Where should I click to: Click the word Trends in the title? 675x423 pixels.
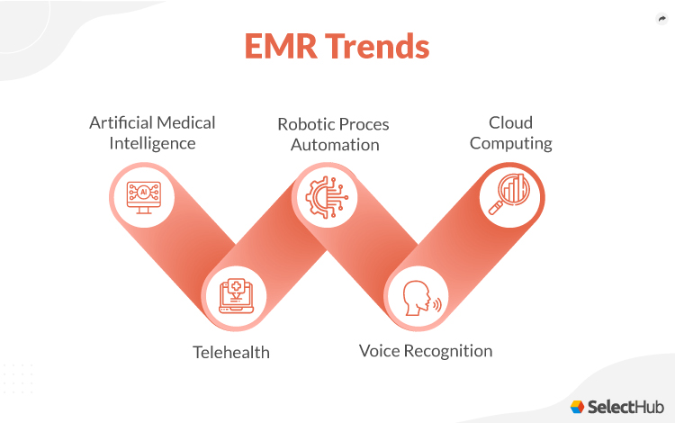pyautogui.click(x=377, y=47)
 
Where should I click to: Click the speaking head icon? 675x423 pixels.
pyautogui.click(x=419, y=298)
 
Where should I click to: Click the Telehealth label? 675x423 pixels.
pyautogui.click(x=231, y=352)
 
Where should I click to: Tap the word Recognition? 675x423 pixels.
pyautogui.click(x=452, y=351)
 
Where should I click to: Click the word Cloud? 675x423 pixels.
pyautogui.click(x=510, y=122)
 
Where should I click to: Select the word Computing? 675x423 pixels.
pyautogui.click(x=510, y=143)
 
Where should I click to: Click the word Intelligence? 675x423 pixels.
pyautogui.click(x=152, y=143)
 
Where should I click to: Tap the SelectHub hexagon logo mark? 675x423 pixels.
pyautogui.click(x=577, y=406)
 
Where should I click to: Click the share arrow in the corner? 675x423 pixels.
pyautogui.click(x=662, y=19)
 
